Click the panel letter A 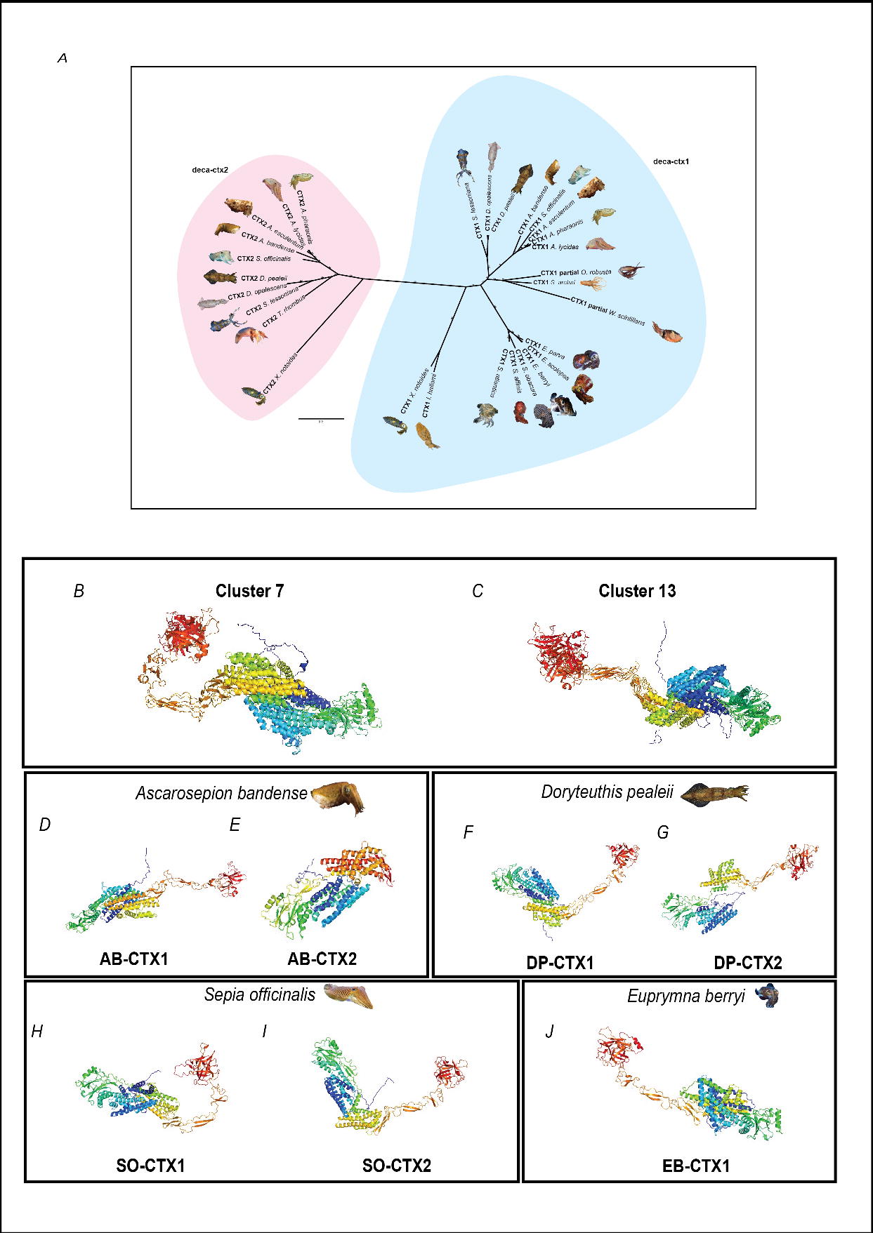[63, 59]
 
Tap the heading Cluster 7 [249, 591]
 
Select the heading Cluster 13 [637, 591]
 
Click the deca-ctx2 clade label [210, 169]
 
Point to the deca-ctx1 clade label [671, 161]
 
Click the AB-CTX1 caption [133, 959]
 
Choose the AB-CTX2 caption [322, 959]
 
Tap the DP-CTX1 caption [560, 963]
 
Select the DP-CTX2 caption [747, 963]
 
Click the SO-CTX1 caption [150, 1166]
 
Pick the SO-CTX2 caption [396, 1166]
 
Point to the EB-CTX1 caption [695, 1166]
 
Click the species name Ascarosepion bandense [221, 793]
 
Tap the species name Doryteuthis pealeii [607, 792]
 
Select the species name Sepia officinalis [260, 994]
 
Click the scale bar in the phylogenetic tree [321, 418]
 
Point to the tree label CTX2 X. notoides [280, 374]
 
